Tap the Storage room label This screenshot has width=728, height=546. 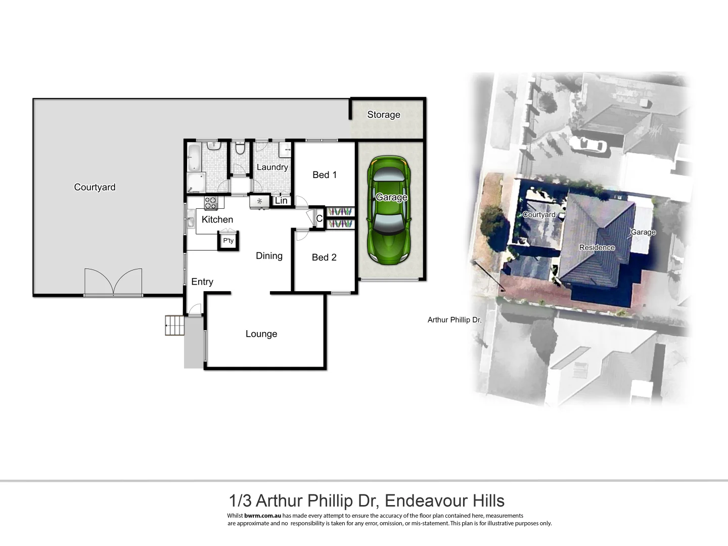[x=383, y=115]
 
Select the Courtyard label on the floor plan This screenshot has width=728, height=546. [x=95, y=187]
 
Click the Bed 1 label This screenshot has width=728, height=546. [x=325, y=175]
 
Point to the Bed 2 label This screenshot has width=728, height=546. [x=324, y=257]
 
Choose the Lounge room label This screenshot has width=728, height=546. [x=261, y=334]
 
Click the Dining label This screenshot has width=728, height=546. [x=269, y=256]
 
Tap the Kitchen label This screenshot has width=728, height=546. [x=217, y=219]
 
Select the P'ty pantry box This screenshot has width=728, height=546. [x=229, y=241]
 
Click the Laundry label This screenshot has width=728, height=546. [x=272, y=167]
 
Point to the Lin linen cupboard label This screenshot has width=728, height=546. [x=281, y=201]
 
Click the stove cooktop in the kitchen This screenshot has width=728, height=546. [x=211, y=203]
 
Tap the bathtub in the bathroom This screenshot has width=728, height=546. [x=194, y=158]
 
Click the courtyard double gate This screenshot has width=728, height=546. [x=113, y=282]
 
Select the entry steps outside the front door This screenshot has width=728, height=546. [x=174, y=325]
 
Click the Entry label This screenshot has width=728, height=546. [x=202, y=282]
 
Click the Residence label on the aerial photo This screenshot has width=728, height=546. [x=597, y=248]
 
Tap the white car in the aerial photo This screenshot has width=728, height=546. [x=588, y=145]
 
